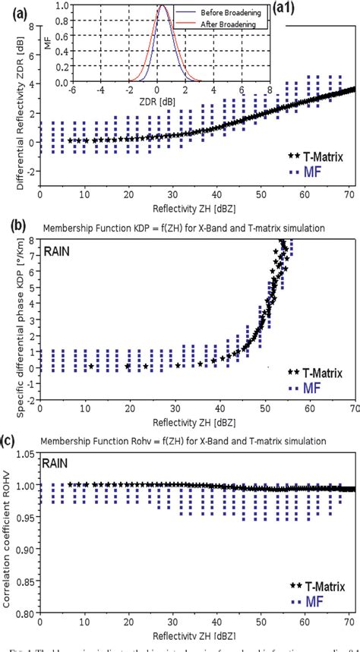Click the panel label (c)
[x=12, y=439]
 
